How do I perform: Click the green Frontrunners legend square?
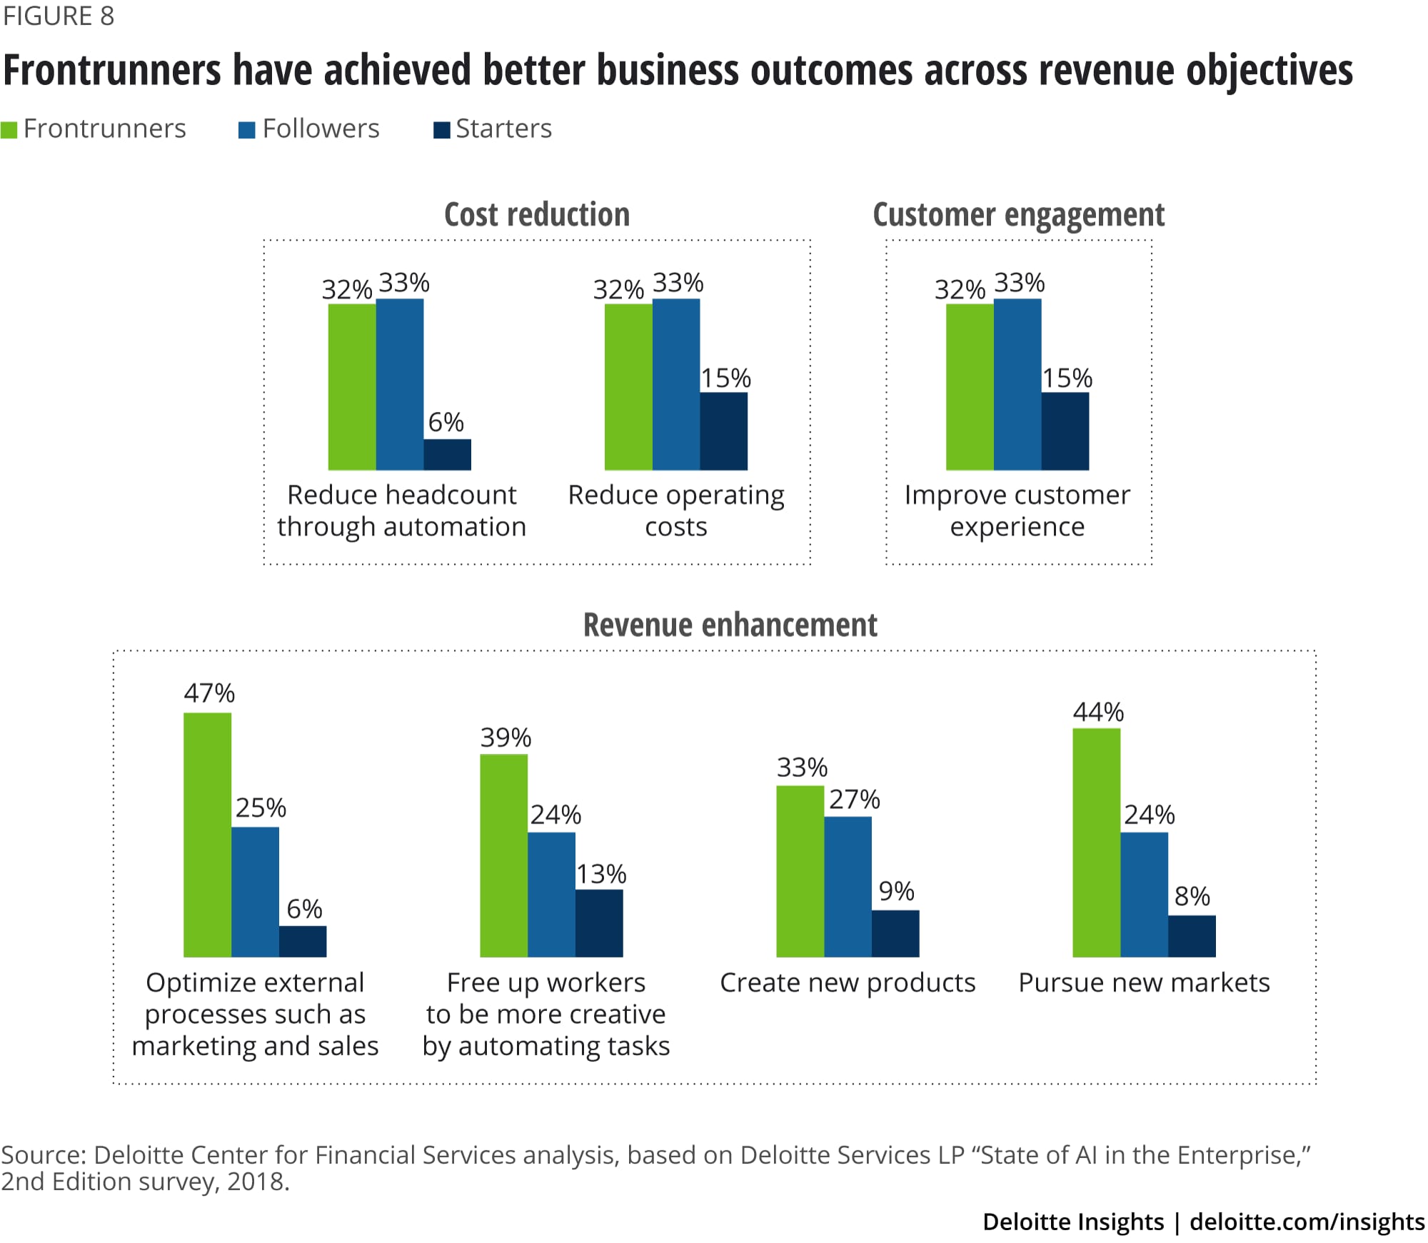tap(9, 130)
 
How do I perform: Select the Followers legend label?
tap(321, 129)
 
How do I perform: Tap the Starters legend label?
tap(503, 129)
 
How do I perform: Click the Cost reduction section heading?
tap(537, 215)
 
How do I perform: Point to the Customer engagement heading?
tap(1018, 215)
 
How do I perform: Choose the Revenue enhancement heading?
tap(730, 625)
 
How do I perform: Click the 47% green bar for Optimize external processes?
tap(207, 835)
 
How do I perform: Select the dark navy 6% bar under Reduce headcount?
tap(447, 455)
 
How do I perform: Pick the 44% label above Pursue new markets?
tap(1098, 712)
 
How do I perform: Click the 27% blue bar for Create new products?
tap(848, 887)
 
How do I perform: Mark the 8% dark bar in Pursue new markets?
tap(1192, 936)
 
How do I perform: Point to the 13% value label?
tap(601, 874)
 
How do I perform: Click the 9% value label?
tap(896, 891)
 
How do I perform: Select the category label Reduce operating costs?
tap(675, 510)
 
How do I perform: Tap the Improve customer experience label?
tap(1017, 510)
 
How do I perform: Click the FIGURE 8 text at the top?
tap(59, 16)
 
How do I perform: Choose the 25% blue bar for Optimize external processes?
tap(255, 892)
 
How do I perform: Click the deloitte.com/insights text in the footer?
tap(1307, 1222)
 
